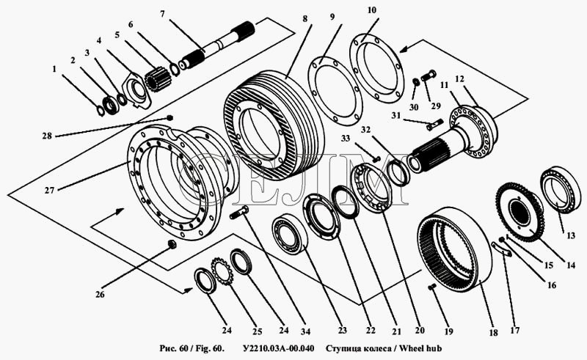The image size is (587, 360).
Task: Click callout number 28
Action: coord(47,136)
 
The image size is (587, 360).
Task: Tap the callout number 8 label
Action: coord(305,18)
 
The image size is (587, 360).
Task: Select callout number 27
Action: coord(49,190)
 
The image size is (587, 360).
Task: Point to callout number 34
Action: coord(305,331)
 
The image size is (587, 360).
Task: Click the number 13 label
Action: coord(571,236)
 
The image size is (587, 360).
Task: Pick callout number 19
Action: coord(448,331)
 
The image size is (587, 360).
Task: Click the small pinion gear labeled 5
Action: coord(157,79)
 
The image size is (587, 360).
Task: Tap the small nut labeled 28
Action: coord(169,118)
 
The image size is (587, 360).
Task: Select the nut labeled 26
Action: coord(172,244)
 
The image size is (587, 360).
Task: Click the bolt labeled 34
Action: coord(241,213)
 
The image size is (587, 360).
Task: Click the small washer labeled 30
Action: coord(415,81)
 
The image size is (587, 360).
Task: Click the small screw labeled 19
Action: coord(432,287)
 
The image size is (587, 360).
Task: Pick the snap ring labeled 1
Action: coord(101,111)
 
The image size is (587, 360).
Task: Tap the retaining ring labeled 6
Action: coord(174,69)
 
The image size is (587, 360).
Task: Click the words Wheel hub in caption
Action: coord(420,348)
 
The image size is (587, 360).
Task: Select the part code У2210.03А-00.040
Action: coord(279,348)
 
